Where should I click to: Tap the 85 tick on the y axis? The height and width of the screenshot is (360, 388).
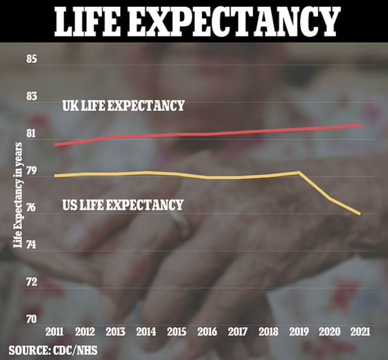pyautogui.click(x=31, y=60)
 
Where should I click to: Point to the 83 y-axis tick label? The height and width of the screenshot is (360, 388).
pyautogui.click(x=31, y=97)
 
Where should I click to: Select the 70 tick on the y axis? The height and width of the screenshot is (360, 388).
pyautogui.click(x=31, y=319)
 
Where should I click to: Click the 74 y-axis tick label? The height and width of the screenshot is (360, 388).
pyautogui.click(x=31, y=245)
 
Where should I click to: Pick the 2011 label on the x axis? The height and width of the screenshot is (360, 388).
pyautogui.click(x=55, y=332)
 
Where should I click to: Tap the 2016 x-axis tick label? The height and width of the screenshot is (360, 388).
pyautogui.click(x=207, y=332)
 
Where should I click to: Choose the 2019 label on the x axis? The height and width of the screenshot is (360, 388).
pyautogui.click(x=299, y=332)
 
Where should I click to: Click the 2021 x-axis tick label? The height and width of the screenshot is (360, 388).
pyautogui.click(x=360, y=332)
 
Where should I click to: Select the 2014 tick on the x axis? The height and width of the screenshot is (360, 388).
pyautogui.click(x=146, y=332)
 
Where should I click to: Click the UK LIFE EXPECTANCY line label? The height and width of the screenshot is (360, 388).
pyautogui.click(x=124, y=106)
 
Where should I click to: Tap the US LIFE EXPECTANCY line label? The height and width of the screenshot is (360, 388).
pyautogui.click(x=123, y=205)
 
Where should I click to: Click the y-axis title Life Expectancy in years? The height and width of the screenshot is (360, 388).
pyautogui.click(x=18, y=195)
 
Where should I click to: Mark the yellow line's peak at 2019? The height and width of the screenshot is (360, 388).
pyautogui.click(x=299, y=173)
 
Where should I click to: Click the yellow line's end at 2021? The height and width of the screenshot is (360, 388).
pyautogui.click(x=360, y=214)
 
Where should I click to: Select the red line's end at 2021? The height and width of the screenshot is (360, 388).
pyautogui.click(x=360, y=125)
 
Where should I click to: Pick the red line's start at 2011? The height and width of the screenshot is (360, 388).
pyautogui.click(x=55, y=145)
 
